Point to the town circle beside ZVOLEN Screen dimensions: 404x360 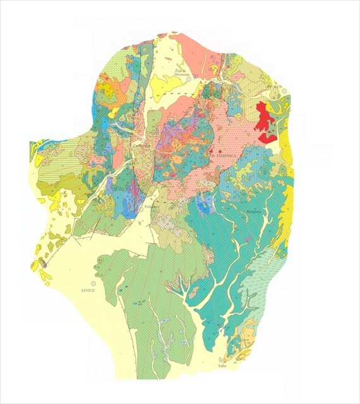click(x=285, y=92)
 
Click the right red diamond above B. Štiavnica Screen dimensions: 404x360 click(x=219, y=151)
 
